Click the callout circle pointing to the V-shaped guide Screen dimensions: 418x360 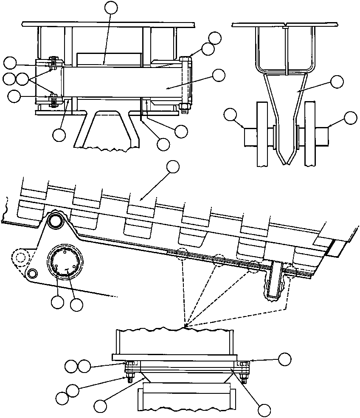coord(337,82)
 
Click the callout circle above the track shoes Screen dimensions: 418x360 coord(173,167)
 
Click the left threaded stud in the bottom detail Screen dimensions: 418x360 coord(128,378)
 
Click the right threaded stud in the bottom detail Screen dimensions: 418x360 coord(244,378)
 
